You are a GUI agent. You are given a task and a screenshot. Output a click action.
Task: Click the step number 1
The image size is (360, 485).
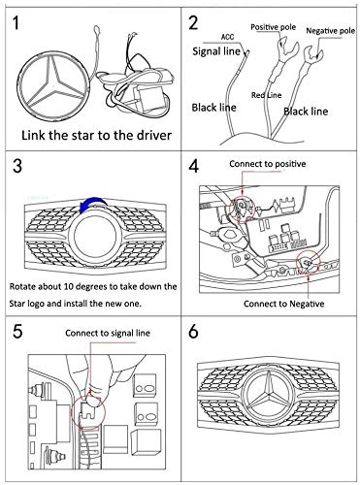16,22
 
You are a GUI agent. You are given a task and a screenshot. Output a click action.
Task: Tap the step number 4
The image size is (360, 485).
194,167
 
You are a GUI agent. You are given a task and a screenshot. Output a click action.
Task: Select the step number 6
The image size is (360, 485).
193,332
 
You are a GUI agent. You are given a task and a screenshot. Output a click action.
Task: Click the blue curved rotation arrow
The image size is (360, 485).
93,205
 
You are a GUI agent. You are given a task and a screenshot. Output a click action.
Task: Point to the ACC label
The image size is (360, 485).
227,37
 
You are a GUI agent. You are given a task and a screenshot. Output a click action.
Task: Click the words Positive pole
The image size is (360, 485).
274,27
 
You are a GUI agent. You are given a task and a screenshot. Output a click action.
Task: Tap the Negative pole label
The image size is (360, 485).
330,31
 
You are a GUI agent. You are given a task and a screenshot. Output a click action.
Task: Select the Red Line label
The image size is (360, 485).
267,95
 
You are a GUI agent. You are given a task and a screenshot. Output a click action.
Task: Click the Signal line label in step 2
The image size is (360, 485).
216,51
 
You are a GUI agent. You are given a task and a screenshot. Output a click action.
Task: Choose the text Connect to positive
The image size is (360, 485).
268,164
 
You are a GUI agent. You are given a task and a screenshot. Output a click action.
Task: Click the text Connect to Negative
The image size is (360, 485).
283,304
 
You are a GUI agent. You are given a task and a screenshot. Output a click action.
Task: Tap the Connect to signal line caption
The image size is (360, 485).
108,334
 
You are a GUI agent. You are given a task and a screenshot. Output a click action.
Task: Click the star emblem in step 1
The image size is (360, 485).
54,84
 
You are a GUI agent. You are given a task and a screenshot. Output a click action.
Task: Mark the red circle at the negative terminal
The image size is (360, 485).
309,261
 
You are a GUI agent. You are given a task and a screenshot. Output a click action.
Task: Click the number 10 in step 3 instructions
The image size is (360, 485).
69,287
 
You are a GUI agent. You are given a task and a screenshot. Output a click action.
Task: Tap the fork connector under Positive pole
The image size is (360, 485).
287,50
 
